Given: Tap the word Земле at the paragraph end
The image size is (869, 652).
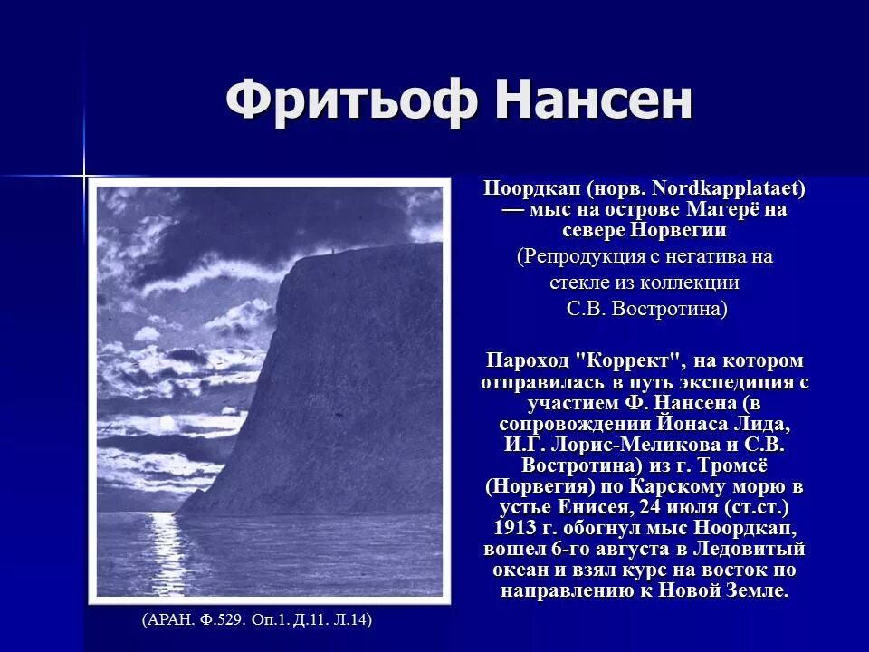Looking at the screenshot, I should point(754,590).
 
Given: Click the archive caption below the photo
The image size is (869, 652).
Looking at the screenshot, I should point(257,620).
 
